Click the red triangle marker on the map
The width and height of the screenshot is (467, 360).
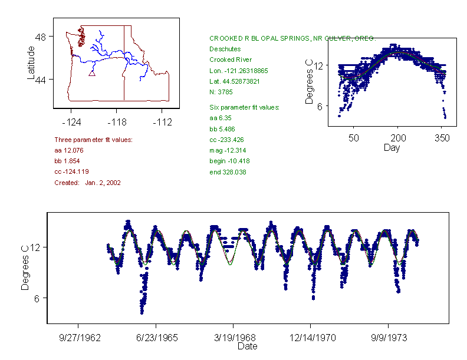(91, 73)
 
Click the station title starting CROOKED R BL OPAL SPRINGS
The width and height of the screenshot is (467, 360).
(292, 38)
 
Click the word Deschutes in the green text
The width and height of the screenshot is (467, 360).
(225, 49)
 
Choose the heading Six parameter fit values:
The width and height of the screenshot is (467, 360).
(244, 107)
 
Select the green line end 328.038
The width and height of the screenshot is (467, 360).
(228, 172)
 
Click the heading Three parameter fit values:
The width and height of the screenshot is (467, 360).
(93, 140)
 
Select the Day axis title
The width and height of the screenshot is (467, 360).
(391, 147)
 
